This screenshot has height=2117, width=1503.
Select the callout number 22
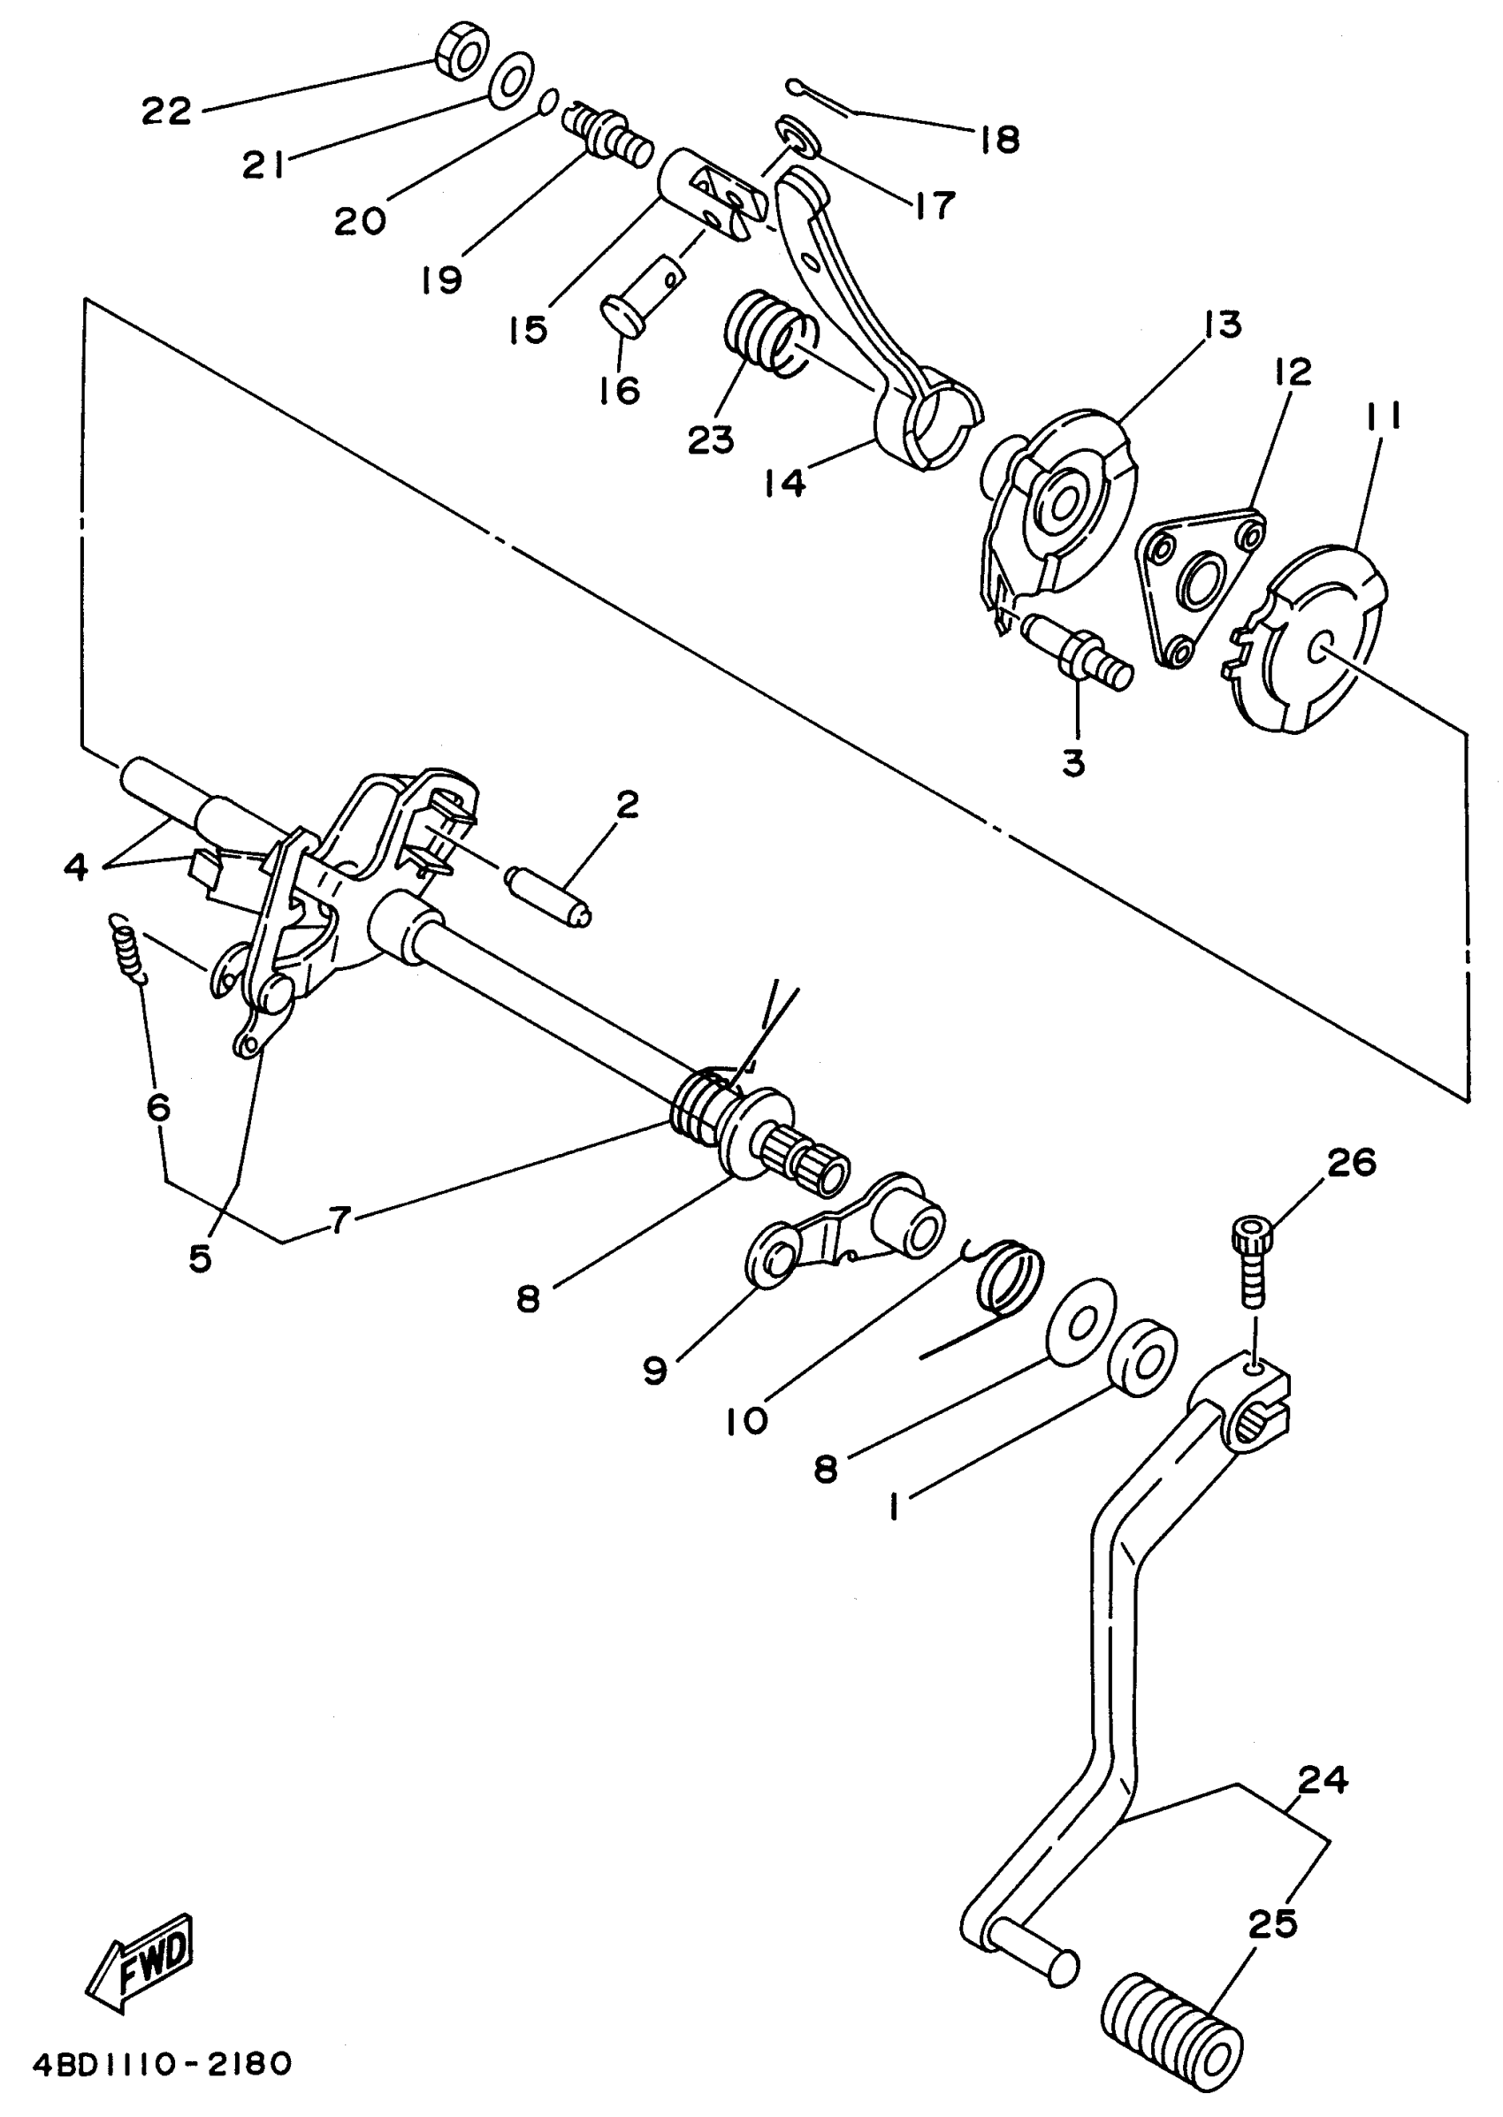pos(166,112)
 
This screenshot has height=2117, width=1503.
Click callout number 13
pos(1223,325)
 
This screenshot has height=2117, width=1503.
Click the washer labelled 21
pos(510,80)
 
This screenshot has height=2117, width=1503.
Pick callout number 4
pos(76,867)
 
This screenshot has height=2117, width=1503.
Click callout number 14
pos(785,482)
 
